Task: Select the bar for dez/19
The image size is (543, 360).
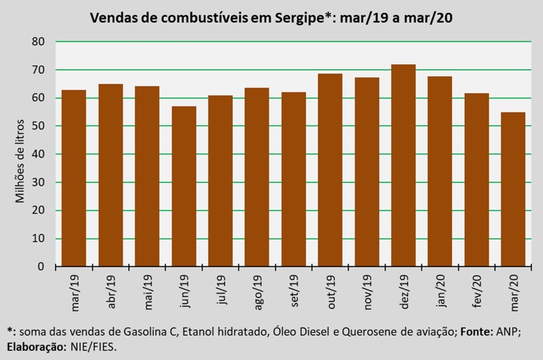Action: coord(403,166)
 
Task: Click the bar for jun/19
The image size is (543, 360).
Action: coord(184,186)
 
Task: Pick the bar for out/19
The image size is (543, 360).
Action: coord(330,170)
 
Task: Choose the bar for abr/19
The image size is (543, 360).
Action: coord(110,175)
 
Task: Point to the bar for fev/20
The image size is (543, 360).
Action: coord(476,180)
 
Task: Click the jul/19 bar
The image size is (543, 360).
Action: coord(220,181)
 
